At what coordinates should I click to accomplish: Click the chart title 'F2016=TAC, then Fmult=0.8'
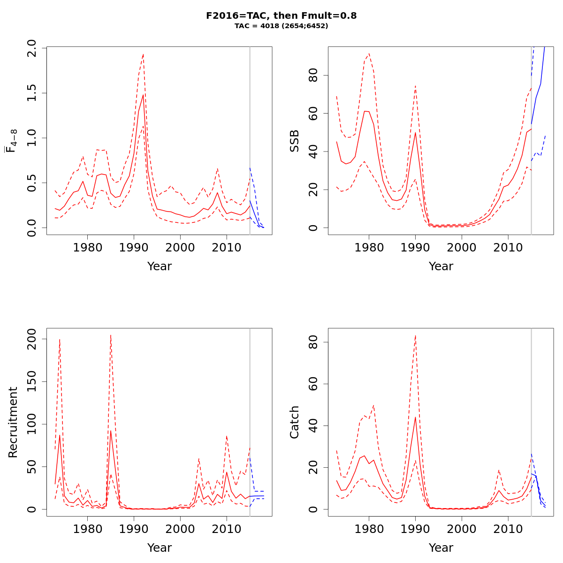pyautogui.click(x=281, y=15)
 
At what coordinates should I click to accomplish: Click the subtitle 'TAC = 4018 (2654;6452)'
pyautogui.click(x=281, y=26)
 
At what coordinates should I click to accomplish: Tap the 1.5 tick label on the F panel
pyautogui.click(x=32, y=93)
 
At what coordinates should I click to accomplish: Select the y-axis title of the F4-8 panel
pyautogui.click(x=11, y=141)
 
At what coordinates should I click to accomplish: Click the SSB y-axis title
pyautogui.click(x=294, y=141)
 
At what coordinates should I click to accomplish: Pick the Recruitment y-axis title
pyautogui.click(x=13, y=422)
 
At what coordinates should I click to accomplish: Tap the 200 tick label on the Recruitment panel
pyautogui.click(x=32, y=339)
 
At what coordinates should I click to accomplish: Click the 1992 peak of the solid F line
pyautogui.click(x=143, y=95)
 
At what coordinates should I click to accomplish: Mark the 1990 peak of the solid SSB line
pyautogui.click(x=415, y=132)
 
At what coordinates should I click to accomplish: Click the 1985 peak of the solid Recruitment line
pyautogui.click(x=111, y=431)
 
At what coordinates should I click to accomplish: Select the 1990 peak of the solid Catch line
pyautogui.click(x=415, y=417)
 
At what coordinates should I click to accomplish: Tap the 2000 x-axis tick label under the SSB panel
pyautogui.click(x=462, y=247)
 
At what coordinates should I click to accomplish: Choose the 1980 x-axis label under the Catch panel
pyautogui.click(x=369, y=529)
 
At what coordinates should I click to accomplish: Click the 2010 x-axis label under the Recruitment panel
pyautogui.click(x=227, y=529)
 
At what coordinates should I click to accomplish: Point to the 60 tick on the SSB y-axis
pyautogui.click(x=313, y=114)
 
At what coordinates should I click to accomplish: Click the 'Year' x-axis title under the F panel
pyautogui.click(x=160, y=266)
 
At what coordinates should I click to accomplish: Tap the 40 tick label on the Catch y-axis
pyautogui.click(x=313, y=426)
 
